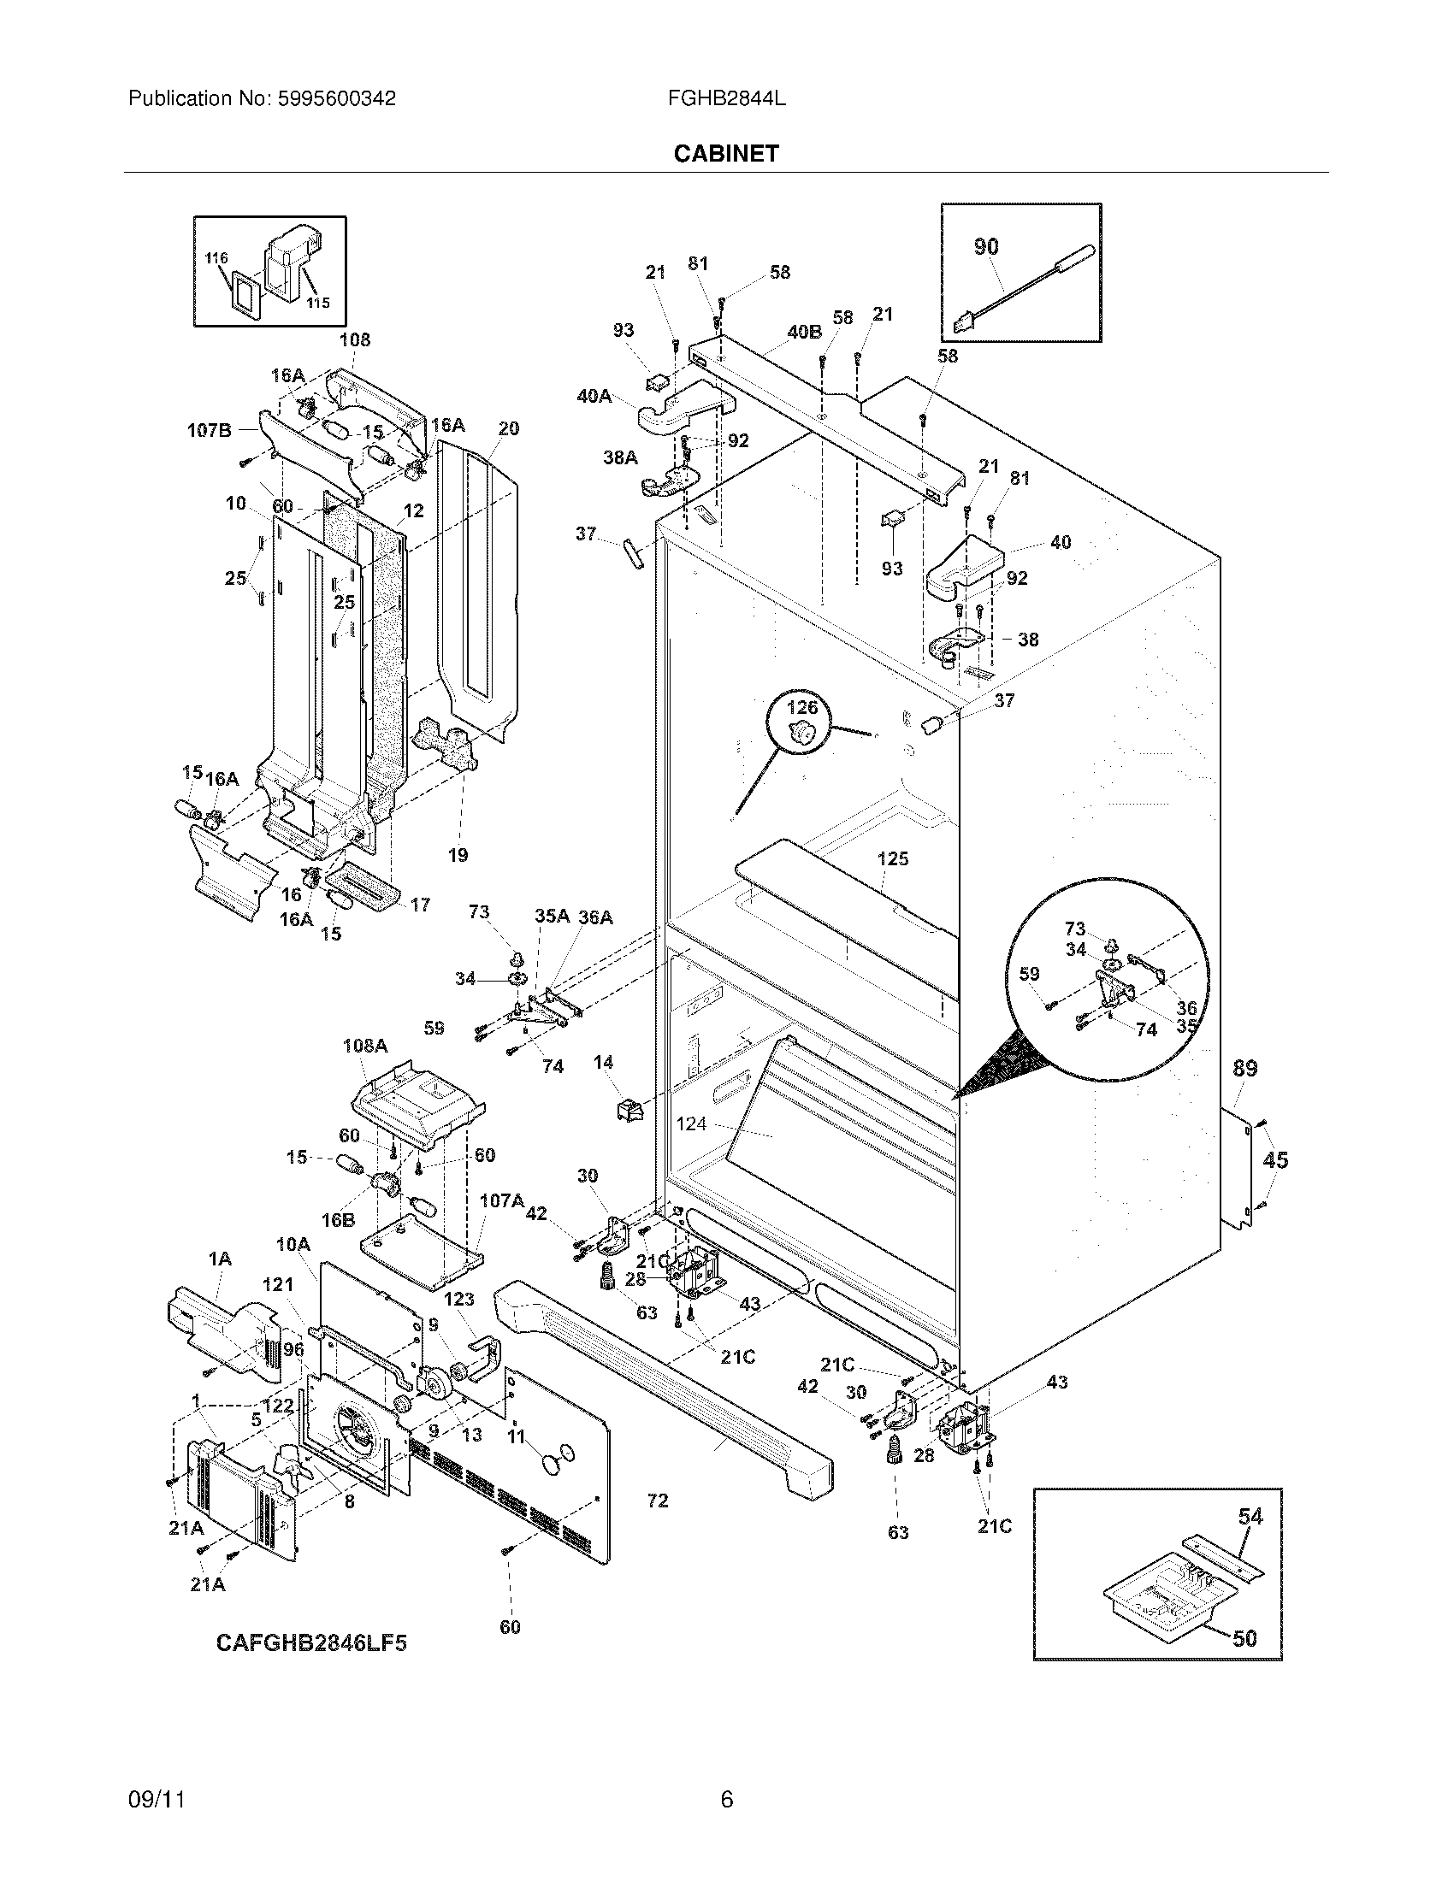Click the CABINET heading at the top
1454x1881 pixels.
tap(726, 153)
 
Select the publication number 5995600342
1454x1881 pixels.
tap(337, 98)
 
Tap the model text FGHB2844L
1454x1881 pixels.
tap(726, 98)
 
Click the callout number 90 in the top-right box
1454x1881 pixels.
tap(986, 246)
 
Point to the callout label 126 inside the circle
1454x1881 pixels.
tap(802, 707)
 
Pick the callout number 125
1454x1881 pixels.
tap(893, 858)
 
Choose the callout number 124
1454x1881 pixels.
tap(692, 1123)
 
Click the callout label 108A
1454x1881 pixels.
tap(365, 1046)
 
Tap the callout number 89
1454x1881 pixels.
tap(1244, 1068)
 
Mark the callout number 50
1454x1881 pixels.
tap(1244, 1638)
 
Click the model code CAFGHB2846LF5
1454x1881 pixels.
tap(311, 1643)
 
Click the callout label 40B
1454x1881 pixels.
tap(804, 332)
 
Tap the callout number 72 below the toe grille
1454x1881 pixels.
tap(657, 1501)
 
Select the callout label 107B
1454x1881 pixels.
tap(210, 431)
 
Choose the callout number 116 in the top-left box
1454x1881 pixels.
tap(216, 257)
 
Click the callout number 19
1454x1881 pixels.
tap(458, 854)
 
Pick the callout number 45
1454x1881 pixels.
tap(1275, 1160)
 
